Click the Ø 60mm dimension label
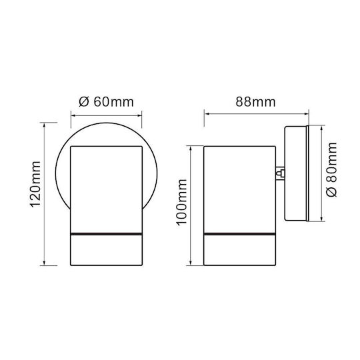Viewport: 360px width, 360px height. point(106,102)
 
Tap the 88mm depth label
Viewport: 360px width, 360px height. point(255,102)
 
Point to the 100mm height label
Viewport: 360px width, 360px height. point(181,202)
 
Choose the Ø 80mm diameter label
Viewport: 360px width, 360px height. point(331,170)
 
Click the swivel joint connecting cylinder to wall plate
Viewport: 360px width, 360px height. point(280,173)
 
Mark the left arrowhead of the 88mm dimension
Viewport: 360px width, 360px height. point(207,113)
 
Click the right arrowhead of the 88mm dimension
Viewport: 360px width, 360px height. point(306,113)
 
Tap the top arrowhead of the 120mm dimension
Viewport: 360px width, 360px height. point(45,125)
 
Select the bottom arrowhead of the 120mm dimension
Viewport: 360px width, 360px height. point(45,263)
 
